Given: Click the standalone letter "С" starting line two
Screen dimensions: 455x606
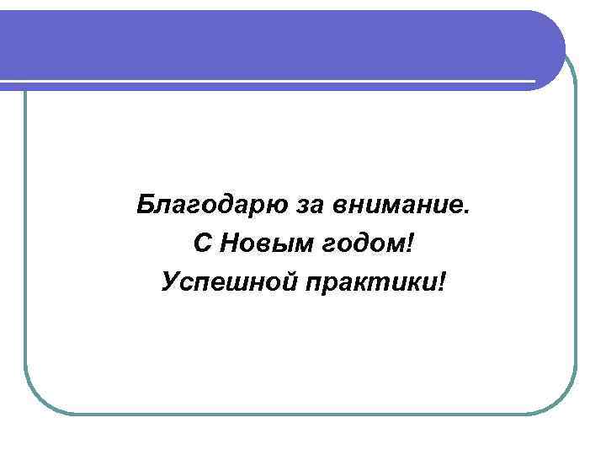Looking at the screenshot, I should tap(203, 243).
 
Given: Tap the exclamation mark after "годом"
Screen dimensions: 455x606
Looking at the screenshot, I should tap(411, 243).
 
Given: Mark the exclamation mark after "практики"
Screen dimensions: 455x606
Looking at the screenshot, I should tap(444, 280).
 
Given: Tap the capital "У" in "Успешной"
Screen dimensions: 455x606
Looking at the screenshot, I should tap(169, 280).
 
